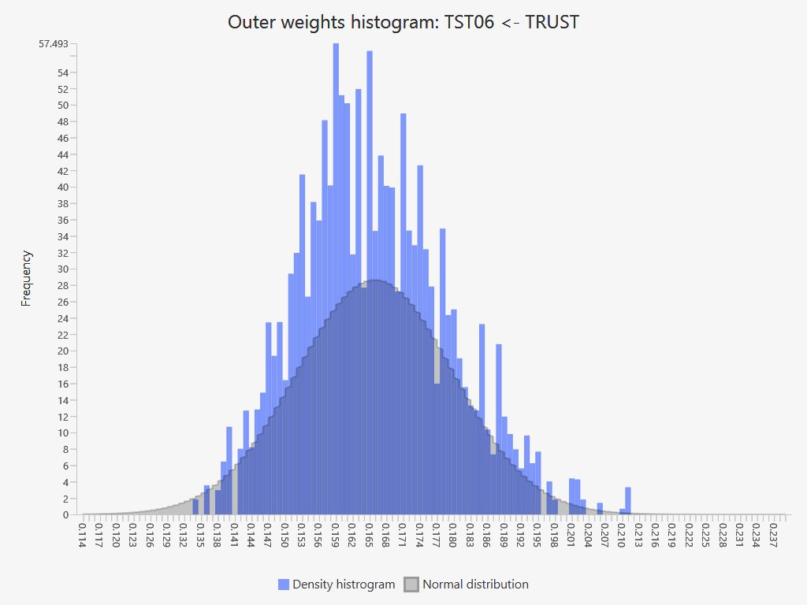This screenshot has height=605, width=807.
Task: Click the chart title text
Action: pos(403,22)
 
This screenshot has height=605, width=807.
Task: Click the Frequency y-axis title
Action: pos(27,278)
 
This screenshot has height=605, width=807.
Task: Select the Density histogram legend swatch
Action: pos(284,585)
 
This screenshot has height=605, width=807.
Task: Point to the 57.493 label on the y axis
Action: pos(54,44)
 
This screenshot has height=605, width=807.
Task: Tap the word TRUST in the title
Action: pos(552,22)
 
